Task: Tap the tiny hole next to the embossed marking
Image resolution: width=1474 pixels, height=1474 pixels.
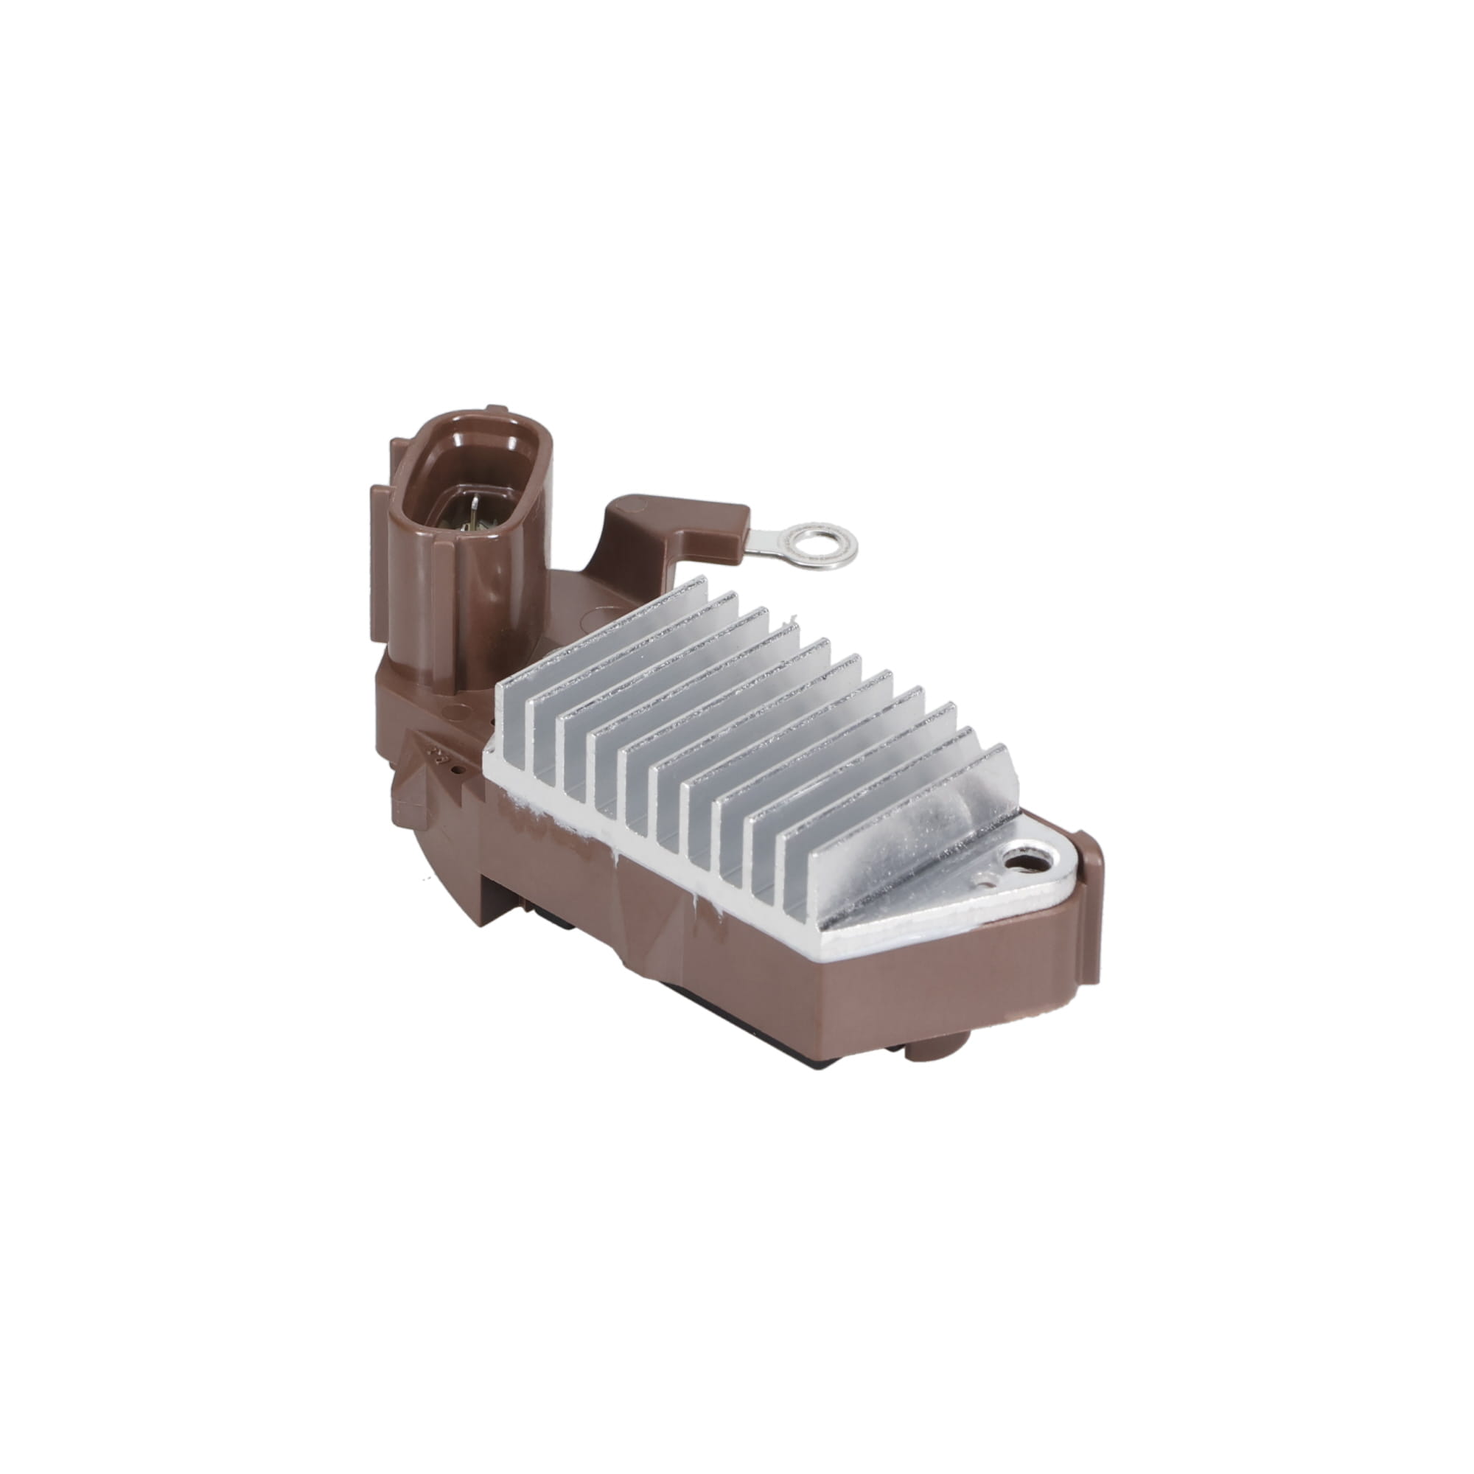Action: point(455,771)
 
